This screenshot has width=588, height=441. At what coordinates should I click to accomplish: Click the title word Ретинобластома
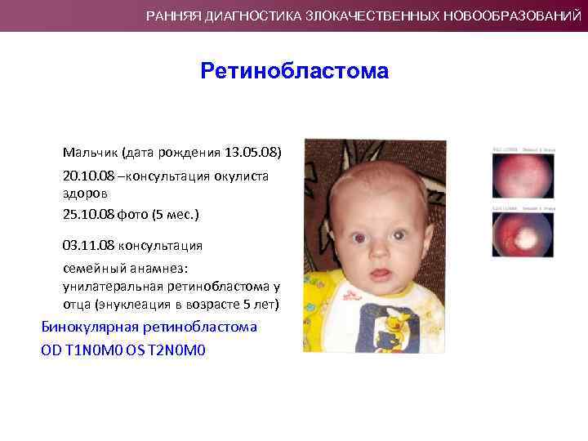294,72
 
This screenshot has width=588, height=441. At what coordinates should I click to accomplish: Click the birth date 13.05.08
253,153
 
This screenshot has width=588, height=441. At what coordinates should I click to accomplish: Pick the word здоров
84,194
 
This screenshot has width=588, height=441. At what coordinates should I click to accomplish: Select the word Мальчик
90,153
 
